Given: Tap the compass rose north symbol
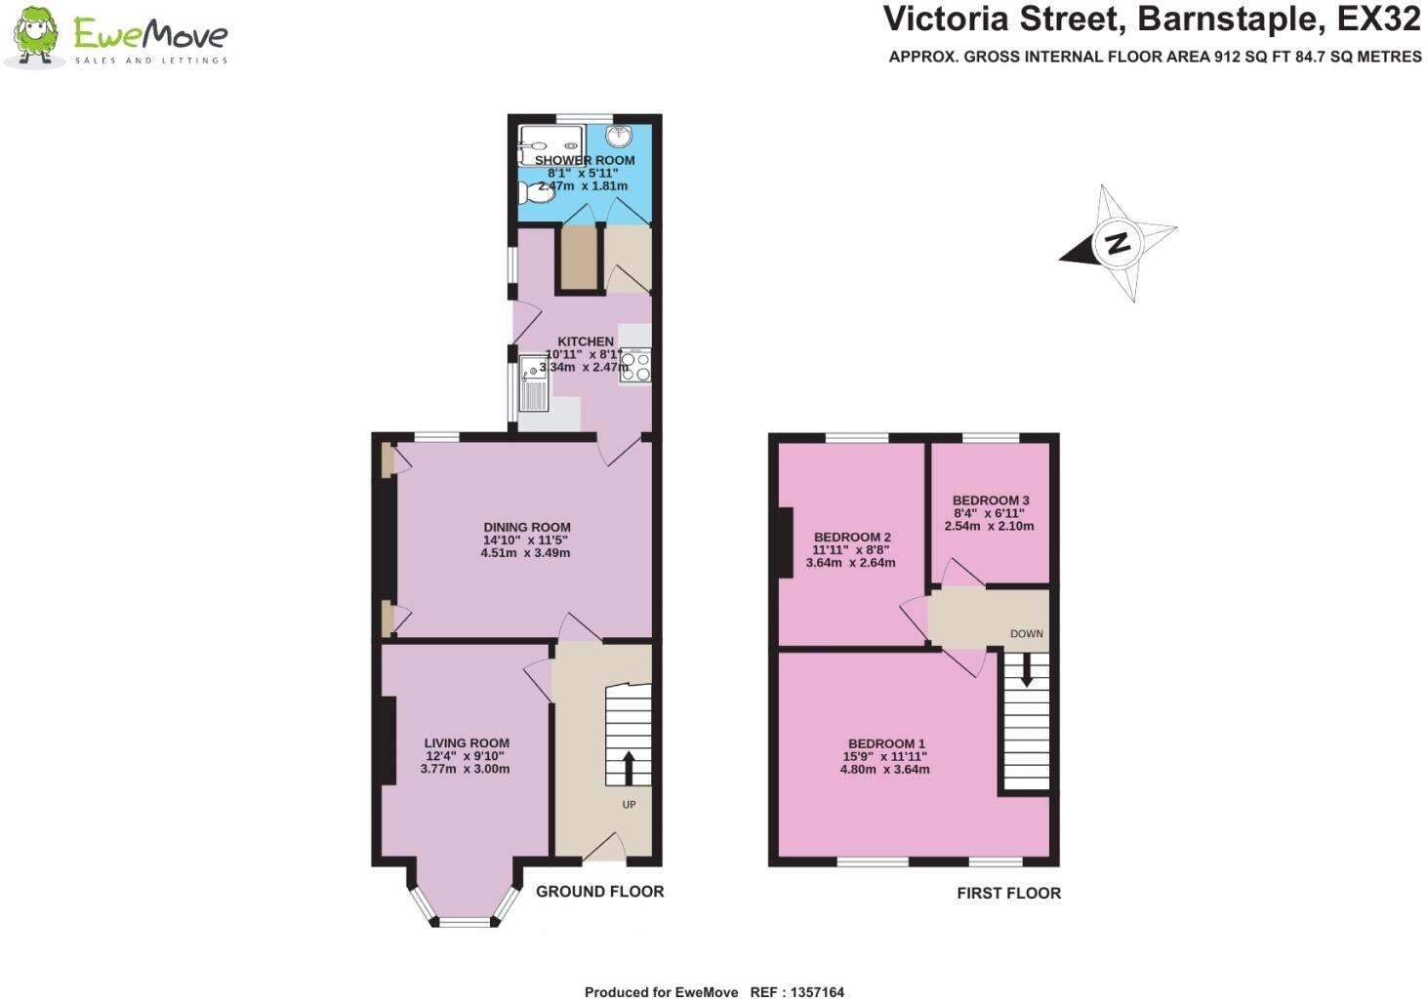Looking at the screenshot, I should click(x=1118, y=243).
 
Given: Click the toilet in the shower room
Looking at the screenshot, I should click(x=536, y=193).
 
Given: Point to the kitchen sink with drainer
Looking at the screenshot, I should click(x=534, y=383).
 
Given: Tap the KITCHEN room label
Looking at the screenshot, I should click(x=586, y=341).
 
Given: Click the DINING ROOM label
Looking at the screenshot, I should click(x=527, y=527).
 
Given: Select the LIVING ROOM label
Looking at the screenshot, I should click(x=467, y=742).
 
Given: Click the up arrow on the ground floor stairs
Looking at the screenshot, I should click(x=629, y=767).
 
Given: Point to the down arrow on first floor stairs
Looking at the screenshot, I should click(x=1026, y=670).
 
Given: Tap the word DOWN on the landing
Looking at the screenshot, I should click(x=1027, y=634).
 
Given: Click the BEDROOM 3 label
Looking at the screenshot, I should click(x=991, y=500).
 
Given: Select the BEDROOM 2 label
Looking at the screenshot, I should click(x=852, y=537).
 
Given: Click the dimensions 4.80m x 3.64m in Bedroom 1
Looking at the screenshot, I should click(x=884, y=769).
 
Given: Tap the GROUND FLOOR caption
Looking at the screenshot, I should click(x=599, y=891).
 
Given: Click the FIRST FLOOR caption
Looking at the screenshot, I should click(x=1008, y=893).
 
